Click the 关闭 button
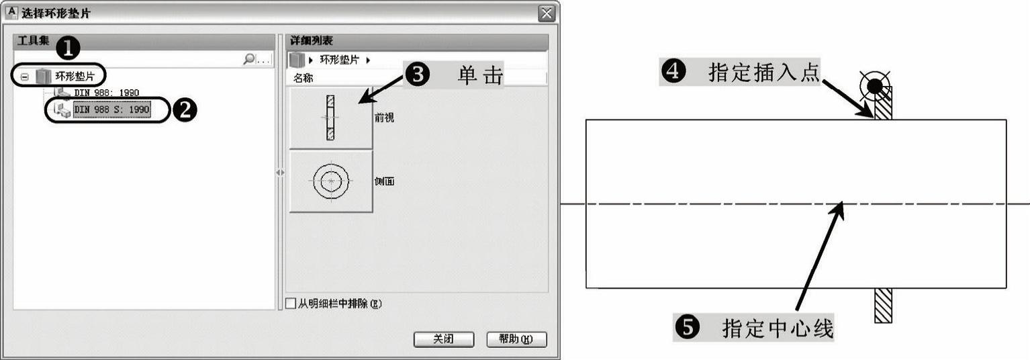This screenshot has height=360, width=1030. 443,339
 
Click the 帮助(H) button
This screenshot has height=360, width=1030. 516,339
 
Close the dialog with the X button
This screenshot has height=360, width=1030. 547,13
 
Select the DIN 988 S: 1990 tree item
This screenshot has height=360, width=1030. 111,109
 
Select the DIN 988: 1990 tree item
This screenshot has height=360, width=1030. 107,92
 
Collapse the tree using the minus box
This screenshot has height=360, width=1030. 24,77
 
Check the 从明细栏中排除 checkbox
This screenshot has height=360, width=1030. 291,304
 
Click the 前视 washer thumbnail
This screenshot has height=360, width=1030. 330,118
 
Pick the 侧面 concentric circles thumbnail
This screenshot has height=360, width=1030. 330,181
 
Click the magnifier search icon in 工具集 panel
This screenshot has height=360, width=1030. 249,60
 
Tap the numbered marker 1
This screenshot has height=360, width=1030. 68,48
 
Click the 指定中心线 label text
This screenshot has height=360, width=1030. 778,329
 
